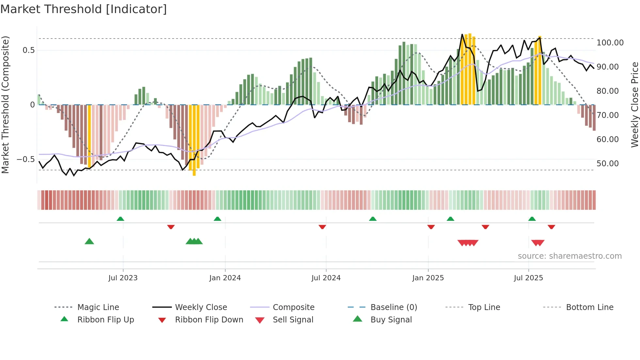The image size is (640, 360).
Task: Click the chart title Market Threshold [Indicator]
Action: pos(84,9)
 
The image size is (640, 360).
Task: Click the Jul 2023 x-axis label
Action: pos(123,278)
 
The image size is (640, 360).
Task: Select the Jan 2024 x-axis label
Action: pos(225,278)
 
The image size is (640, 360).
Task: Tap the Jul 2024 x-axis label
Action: pos(326,278)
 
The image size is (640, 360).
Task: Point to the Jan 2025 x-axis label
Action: pos(428,278)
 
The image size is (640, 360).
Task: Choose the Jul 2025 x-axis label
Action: pos(528,278)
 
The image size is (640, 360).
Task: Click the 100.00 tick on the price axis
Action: pos(610,43)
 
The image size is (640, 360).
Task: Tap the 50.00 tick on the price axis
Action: pos(607,164)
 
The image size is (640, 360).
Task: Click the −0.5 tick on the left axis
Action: pos(26,159)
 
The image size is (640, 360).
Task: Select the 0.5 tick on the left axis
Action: pos(28,50)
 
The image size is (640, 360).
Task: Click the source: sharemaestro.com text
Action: pos(569,256)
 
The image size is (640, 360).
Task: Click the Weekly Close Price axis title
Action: pos(634,105)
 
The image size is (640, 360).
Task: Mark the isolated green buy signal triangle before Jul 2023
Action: pos(89,241)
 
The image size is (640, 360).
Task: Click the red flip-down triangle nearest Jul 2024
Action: pos(322,227)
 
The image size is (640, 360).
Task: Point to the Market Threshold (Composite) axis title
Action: pos(5,105)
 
